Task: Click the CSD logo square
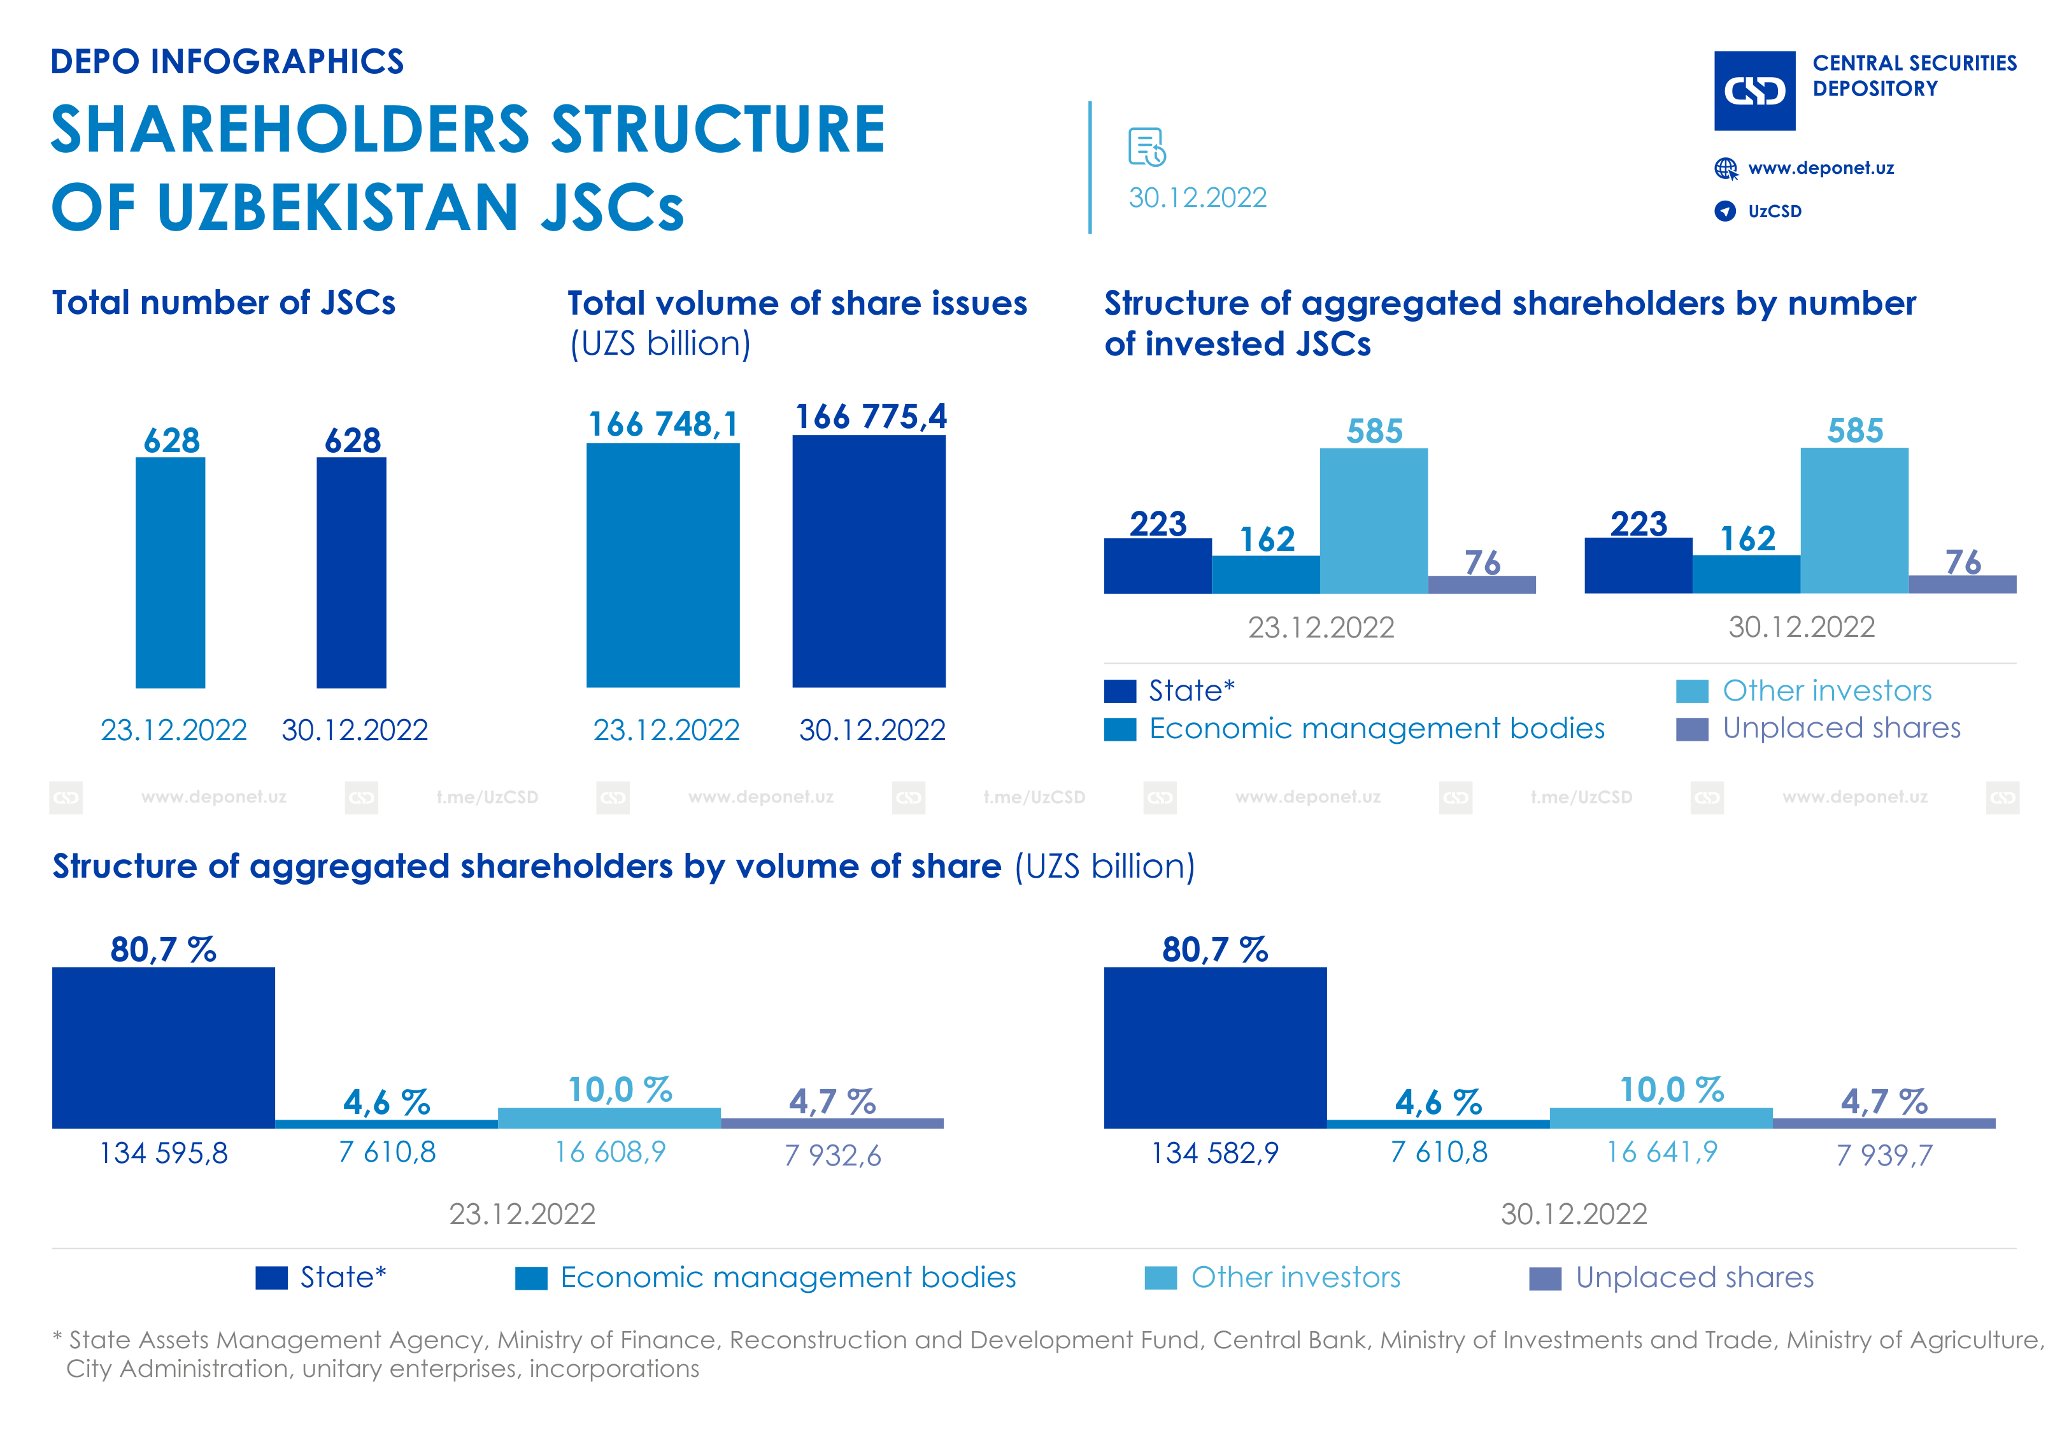[x=1754, y=90]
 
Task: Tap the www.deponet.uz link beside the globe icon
[x=1821, y=168]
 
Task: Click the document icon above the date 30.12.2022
[x=1146, y=147]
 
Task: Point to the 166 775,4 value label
[x=870, y=417]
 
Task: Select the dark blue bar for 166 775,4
[x=868, y=561]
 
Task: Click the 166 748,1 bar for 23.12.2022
[x=662, y=566]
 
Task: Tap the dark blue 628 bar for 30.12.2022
[x=351, y=573]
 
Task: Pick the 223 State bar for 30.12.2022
[x=1637, y=566]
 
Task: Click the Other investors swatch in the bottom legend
[x=1160, y=1278]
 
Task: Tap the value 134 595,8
[x=164, y=1153]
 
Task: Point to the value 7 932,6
[x=832, y=1155]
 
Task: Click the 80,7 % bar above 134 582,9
[x=1214, y=1047]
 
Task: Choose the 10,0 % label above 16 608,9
[x=620, y=1090]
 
